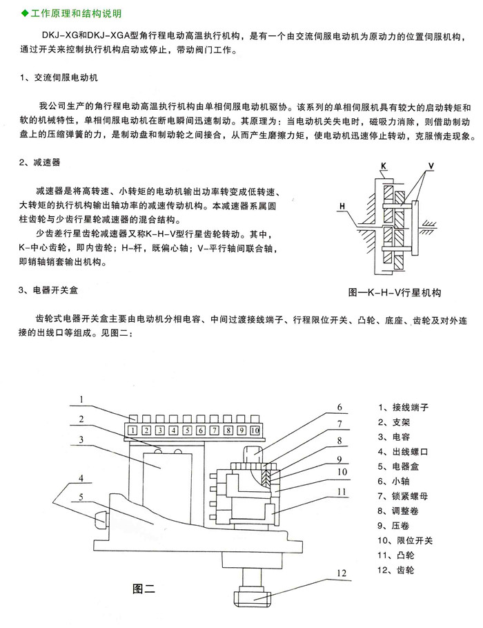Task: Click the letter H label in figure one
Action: [x=342, y=206]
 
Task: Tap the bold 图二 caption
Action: [x=144, y=589]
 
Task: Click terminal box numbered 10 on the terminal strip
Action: [x=254, y=430]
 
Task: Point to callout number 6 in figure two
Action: [x=339, y=407]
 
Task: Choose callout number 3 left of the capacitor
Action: [x=81, y=439]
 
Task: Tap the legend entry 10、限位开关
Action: [x=405, y=540]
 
